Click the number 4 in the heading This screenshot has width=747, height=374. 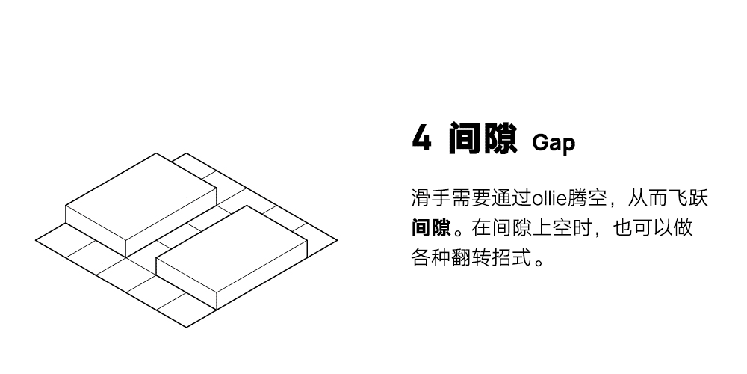click(x=422, y=139)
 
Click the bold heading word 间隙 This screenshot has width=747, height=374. click(x=483, y=139)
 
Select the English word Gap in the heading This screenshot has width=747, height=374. click(x=554, y=142)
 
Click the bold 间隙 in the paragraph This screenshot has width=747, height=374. click(x=431, y=227)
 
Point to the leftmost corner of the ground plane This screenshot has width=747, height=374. click(x=37, y=241)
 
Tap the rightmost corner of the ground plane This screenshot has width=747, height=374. click(x=336, y=241)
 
